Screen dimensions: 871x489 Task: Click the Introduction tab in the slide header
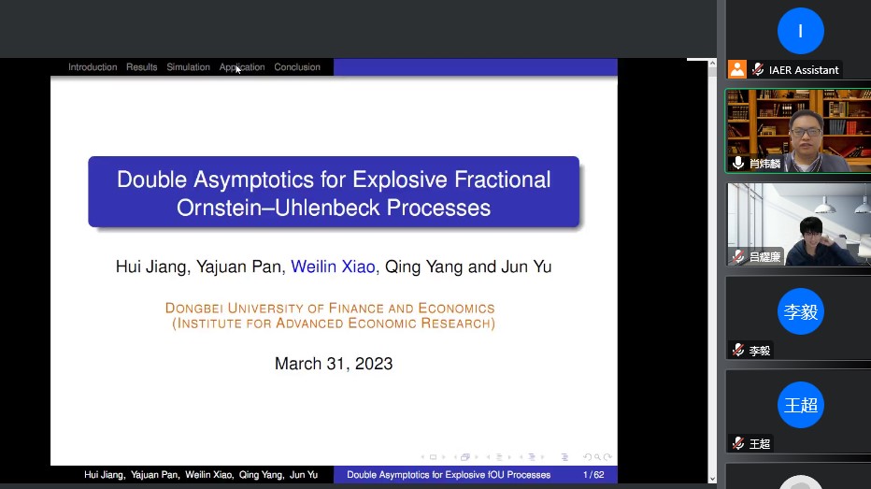pos(93,67)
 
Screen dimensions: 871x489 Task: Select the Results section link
pos(142,67)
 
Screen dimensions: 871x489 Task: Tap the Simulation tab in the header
pos(188,67)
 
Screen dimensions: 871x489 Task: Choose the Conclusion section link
pos(297,67)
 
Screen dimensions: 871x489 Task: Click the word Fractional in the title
pos(502,180)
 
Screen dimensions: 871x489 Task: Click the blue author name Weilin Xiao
pos(333,266)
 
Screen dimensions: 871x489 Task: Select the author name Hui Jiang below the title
pos(151,266)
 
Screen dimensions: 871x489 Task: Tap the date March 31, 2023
pos(334,364)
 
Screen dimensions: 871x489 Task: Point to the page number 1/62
pos(593,475)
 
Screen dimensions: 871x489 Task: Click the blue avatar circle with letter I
pos(801,31)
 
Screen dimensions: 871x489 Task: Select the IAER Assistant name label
pos(804,70)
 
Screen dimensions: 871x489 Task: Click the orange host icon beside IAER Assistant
pos(737,69)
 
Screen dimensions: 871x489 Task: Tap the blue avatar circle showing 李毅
pos(801,311)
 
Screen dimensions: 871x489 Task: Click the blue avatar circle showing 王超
pos(801,405)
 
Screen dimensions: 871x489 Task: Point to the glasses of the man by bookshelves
pos(806,132)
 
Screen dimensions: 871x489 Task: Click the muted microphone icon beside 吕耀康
pos(738,257)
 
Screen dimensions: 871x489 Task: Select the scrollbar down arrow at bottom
pos(712,479)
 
